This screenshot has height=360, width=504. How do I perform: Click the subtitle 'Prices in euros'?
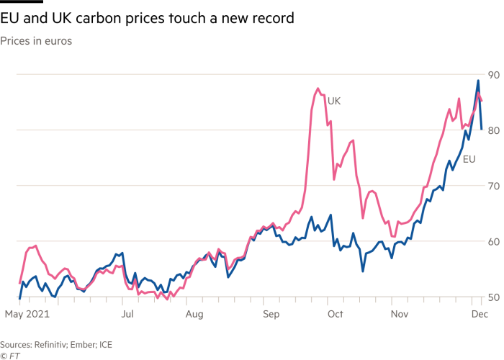pyautogui.click(x=35, y=41)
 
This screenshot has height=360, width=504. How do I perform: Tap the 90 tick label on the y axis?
pyautogui.click(x=493, y=75)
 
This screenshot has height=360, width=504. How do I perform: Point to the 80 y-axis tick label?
pyautogui.click(x=493, y=130)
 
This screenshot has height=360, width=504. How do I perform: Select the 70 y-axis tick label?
pyautogui.click(x=493, y=186)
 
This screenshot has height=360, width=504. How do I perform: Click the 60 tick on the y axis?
pyautogui.click(x=493, y=241)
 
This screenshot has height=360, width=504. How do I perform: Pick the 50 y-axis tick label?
pyautogui.click(x=493, y=297)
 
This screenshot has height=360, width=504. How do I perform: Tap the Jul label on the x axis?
pyautogui.click(x=127, y=315)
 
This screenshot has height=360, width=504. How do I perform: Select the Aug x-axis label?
pyautogui.click(x=194, y=315)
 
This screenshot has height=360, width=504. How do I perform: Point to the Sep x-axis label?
pyautogui.click(x=271, y=315)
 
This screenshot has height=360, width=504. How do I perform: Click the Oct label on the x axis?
pyautogui.click(x=333, y=315)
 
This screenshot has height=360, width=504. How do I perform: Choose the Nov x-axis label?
pyautogui.click(x=400, y=315)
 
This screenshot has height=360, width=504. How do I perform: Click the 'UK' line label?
pyautogui.click(x=334, y=102)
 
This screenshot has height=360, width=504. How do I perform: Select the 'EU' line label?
pyautogui.click(x=469, y=158)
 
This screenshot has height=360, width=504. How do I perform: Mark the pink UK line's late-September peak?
pyautogui.click(x=317, y=89)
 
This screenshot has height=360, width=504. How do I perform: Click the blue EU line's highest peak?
pyautogui.click(x=477, y=80)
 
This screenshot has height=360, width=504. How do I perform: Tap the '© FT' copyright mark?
pyautogui.click(x=9, y=355)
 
